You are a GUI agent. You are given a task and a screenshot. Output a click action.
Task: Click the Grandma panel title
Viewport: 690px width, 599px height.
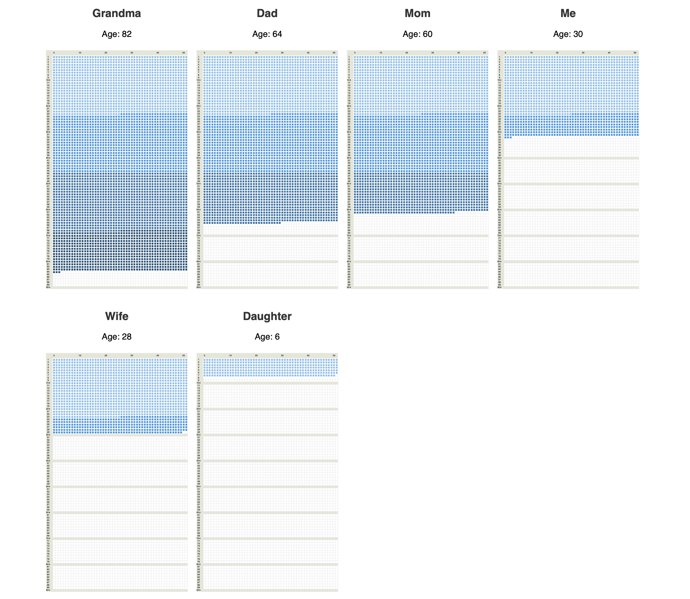tap(116, 13)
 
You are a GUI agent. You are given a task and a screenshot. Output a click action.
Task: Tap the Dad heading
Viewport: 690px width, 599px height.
tap(267, 13)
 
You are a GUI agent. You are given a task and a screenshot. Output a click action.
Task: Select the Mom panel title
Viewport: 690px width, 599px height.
tap(417, 13)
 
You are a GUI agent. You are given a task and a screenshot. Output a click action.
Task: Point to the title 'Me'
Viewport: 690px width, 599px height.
tap(568, 13)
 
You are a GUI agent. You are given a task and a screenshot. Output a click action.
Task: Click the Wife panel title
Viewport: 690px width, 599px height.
tap(116, 316)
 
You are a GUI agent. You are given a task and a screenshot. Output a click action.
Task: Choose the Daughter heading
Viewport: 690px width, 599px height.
tap(267, 316)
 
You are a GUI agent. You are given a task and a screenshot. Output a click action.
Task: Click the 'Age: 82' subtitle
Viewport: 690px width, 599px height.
tap(116, 34)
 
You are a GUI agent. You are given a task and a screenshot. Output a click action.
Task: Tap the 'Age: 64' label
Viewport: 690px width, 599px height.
tap(267, 34)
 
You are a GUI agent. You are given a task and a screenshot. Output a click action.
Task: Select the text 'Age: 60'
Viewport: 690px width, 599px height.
tap(417, 34)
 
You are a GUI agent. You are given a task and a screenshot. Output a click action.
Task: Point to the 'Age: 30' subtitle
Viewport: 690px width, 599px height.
tap(568, 34)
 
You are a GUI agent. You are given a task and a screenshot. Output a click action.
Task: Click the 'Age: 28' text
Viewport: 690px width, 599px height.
tap(116, 337)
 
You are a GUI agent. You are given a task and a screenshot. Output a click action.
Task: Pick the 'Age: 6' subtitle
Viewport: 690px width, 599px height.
tap(267, 337)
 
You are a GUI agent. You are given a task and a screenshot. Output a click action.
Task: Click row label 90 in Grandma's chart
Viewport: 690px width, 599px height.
tap(48, 287)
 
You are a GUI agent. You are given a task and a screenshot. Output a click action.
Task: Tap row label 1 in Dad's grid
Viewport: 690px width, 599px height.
tap(199, 57)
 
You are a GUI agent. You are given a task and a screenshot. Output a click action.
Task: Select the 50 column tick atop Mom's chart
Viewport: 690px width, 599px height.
tap(484, 53)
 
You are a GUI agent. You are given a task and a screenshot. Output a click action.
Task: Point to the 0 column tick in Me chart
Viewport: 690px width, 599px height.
tap(505, 53)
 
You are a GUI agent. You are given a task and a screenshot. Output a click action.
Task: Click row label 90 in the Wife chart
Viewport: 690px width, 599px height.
tap(48, 590)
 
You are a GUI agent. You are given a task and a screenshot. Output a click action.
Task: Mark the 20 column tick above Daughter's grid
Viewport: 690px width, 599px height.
tap(256, 356)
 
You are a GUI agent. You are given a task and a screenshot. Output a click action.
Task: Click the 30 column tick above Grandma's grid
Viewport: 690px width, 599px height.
tap(132, 53)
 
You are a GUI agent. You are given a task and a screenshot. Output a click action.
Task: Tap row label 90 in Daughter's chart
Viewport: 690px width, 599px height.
tap(199, 590)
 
